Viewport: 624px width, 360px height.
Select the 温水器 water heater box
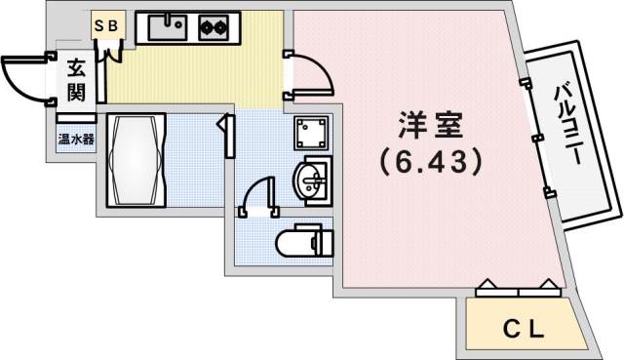tap(75, 138)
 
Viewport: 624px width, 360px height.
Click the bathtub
tap(136, 159)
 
